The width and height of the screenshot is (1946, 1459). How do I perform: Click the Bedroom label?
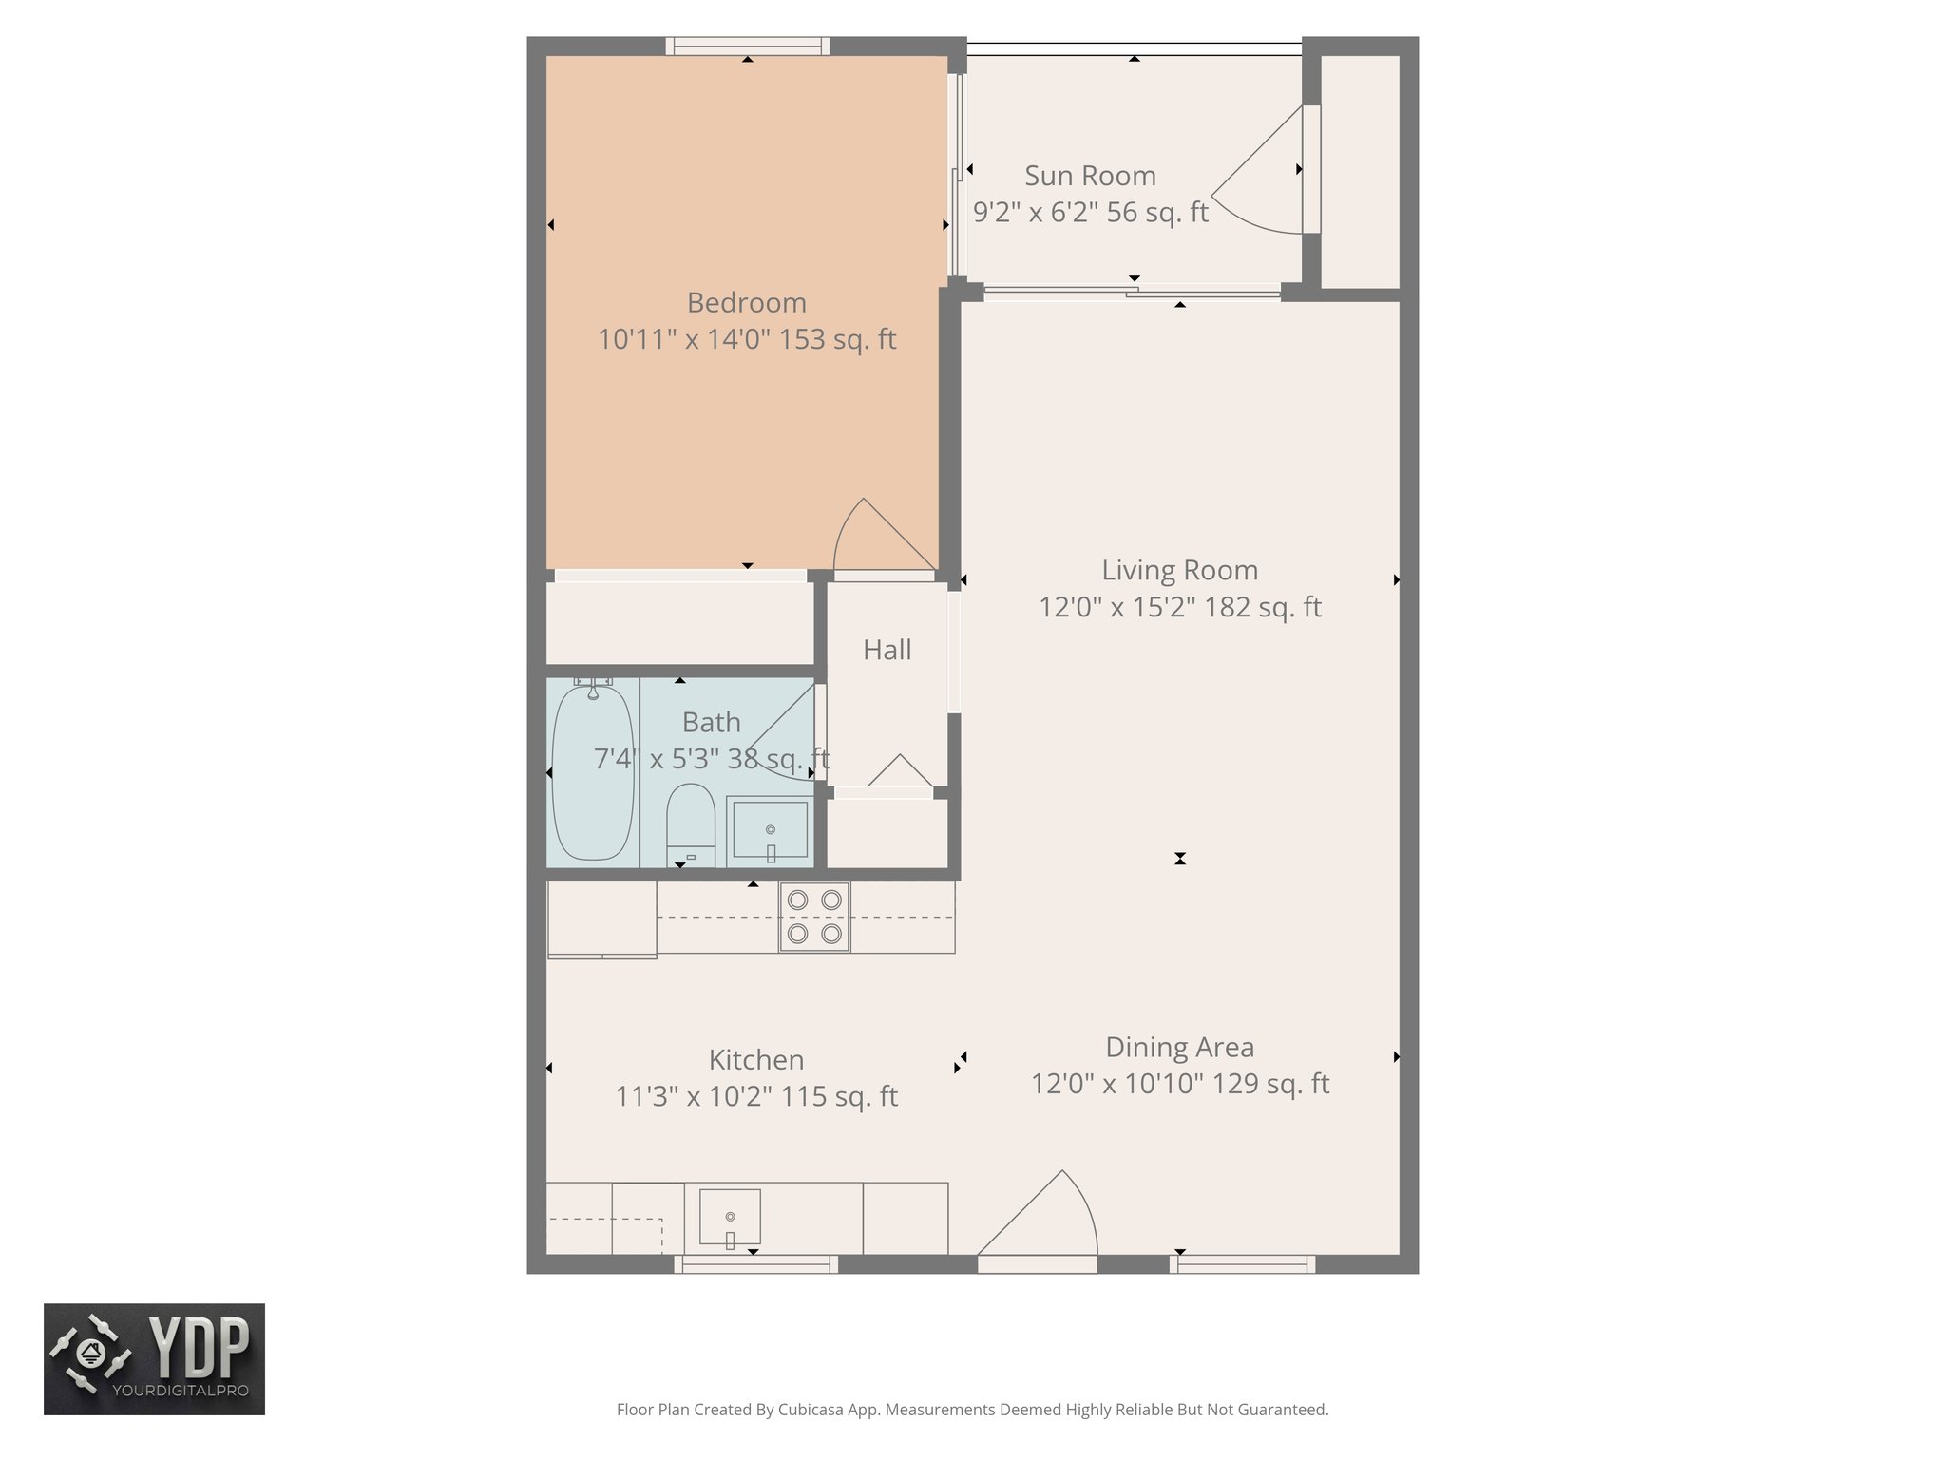click(x=746, y=303)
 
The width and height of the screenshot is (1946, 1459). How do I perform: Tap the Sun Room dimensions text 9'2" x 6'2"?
click(x=1044, y=212)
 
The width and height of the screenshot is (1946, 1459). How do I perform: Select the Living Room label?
click(x=1179, y=570)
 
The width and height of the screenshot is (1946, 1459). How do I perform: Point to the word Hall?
click(x=887, y=650)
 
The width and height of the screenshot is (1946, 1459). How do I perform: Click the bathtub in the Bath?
click(x=592, y=771)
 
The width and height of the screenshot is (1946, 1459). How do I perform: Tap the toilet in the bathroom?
click(x=691, y=818)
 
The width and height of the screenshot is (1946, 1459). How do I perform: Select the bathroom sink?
click(x=770, y=829)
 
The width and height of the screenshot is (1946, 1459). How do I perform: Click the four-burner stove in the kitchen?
click(x=814, y=917)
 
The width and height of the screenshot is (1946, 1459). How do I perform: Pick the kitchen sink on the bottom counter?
click(x=730, y=1216)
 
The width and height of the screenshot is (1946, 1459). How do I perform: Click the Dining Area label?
click(x=1179, y=1047)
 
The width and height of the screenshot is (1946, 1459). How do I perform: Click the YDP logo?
click(x=154, y=1358)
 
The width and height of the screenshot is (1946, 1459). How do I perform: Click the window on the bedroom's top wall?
click(x=747, y=45)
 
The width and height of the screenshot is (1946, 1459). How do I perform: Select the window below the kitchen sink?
click(x=756, y=1264)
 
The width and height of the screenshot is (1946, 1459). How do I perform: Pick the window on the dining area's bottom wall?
click(x=1242, y=1264)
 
